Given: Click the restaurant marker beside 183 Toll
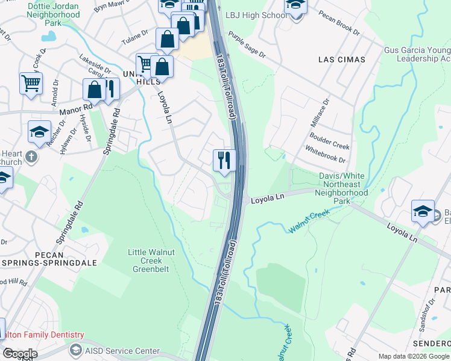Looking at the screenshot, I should tap(224, 160).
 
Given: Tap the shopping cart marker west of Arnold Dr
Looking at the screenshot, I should tap(31, 83).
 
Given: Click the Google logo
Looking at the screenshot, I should tap(20, 354).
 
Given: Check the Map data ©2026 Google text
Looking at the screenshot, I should tap(413, 356).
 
